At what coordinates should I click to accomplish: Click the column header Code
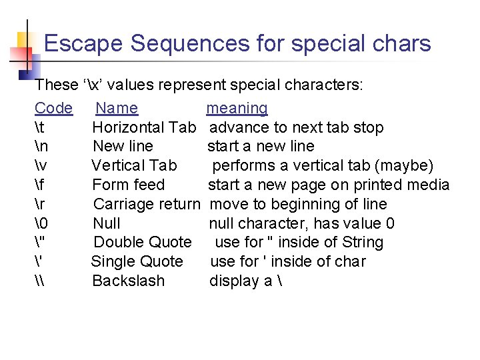pos(53,108)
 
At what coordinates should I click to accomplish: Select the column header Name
pos(117,108)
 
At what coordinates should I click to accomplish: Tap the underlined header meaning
pos(237,108)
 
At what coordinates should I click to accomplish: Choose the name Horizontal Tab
pos(144,127)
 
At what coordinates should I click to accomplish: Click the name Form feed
pos(129,185)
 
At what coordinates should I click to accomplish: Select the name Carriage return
pos(147,204)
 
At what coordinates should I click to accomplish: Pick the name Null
pos(107,223)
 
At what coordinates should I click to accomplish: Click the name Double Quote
pos(142,242)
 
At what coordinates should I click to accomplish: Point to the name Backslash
pos(128,281)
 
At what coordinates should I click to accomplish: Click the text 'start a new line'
pos(261,147)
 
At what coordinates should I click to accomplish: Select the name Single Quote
pos(137,261)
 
